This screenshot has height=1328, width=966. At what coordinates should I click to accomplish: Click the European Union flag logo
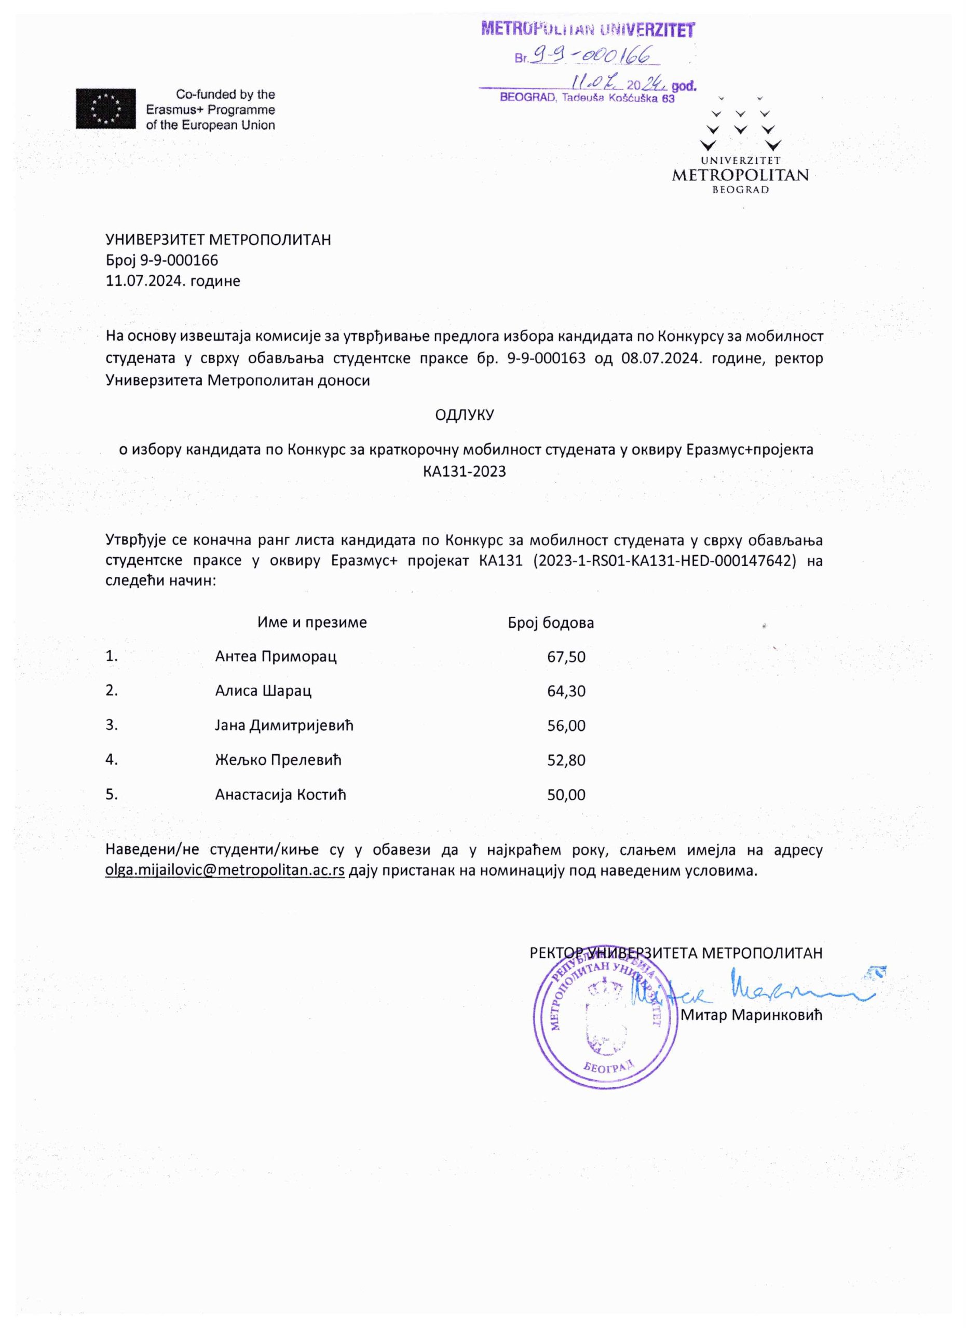pos(105,108)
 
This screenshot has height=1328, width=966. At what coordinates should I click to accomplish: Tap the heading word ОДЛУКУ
pos(464,415)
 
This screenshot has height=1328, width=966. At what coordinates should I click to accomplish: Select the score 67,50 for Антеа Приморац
pos(566,656)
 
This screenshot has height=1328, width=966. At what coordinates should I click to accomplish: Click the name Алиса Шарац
pos(263,691)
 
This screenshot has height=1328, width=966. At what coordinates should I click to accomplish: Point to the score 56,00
pos(566,726)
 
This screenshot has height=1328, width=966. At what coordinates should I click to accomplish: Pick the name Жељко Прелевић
pos(278,760)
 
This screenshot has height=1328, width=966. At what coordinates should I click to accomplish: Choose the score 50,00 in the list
pos(566,795)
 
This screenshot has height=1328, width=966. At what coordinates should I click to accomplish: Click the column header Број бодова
pos(551,622)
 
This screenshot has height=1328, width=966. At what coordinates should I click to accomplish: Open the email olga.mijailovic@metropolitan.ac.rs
pos(224,870)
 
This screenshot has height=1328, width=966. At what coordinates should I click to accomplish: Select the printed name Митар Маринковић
pos(751,1015)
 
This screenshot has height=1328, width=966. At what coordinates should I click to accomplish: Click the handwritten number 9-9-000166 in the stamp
pos(592,56)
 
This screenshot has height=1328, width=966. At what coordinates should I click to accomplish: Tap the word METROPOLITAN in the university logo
pos(740,175)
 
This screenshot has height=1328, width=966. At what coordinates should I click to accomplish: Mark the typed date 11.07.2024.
pos(141,281)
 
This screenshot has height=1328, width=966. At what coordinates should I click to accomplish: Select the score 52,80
pos(566,760)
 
